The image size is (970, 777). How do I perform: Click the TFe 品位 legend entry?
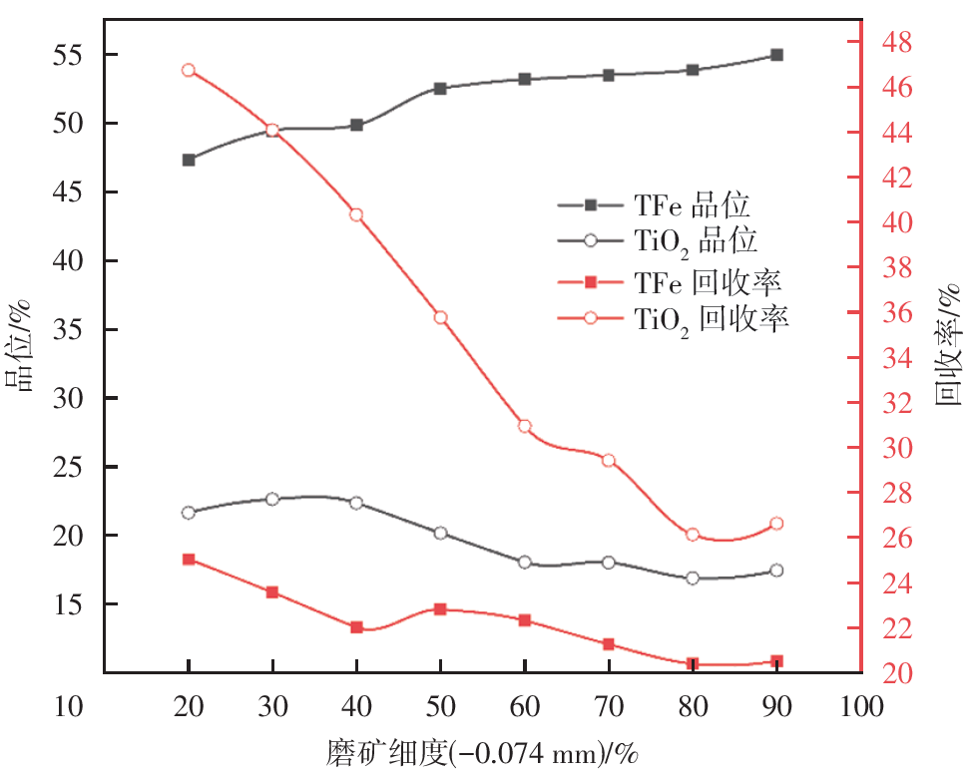(692, 205)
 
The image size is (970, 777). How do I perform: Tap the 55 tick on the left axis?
(73, 55)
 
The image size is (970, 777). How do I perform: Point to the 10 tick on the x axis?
(73, 708)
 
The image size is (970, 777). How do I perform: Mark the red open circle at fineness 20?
(189, 70)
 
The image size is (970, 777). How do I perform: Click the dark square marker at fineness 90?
(776, 55)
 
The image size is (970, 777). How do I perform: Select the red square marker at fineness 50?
(440, 608)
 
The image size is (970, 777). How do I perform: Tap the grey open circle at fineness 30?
(272, 499)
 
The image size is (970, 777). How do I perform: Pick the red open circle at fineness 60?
(525, 426)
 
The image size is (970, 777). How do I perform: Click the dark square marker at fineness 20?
(189, 160)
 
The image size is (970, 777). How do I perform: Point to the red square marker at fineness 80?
(693, 664)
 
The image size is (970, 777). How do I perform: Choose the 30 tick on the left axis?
(73, 398)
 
